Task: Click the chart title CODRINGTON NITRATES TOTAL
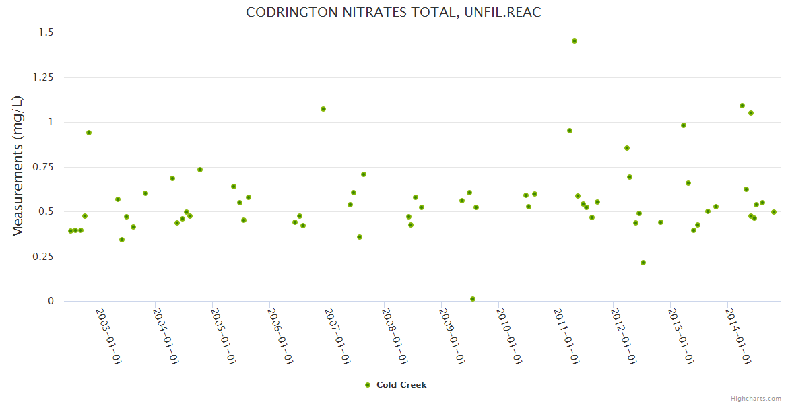[393, 13]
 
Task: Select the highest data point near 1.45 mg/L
[574, 41]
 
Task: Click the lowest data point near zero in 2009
[473, 299]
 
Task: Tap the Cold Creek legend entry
[401, 385]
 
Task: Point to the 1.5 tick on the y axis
[45, 32]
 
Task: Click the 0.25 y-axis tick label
[42, 257]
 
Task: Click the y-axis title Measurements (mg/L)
[18, 166]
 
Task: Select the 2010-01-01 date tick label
[510, 337]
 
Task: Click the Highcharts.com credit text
[756, 398]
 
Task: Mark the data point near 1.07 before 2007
[323, 109]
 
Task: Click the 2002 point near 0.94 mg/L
[89, 133]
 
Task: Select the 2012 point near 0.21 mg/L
[643, 263]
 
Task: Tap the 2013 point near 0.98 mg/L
[684, 125]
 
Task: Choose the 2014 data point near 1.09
[742, 106]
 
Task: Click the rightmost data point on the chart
[774, 212]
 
